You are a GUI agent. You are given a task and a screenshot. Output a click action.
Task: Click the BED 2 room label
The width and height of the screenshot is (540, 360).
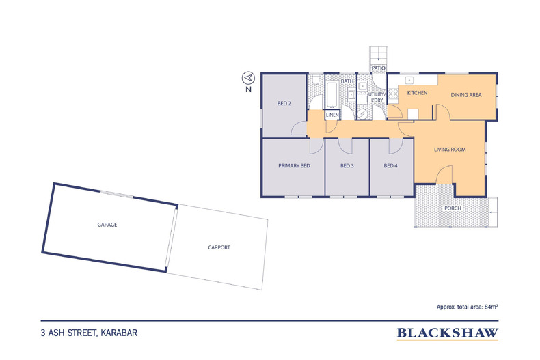[x=284, y=103]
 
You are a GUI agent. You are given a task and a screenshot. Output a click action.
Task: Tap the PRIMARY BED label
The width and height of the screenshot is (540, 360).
[x=294, y=165]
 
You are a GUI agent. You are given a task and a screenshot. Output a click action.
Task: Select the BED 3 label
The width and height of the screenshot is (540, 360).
[x=347, y=165]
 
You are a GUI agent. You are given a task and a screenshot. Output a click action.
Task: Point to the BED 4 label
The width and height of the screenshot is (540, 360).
[x=390, y=165]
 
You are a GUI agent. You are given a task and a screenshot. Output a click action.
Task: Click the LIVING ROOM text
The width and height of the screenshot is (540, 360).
[x=450, y=150]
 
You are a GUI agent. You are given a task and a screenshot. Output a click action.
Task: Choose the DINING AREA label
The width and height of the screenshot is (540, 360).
[x=466, y=95]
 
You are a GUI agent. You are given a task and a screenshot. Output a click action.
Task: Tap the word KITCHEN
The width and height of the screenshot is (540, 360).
[x=417, y=93]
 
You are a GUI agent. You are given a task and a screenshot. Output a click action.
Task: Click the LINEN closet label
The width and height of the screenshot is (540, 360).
[x=332, y=115]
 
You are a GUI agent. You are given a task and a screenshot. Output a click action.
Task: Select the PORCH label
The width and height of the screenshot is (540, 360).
[x=453, y=208]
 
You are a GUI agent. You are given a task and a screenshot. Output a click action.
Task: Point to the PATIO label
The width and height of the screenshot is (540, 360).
[x=378, y=68]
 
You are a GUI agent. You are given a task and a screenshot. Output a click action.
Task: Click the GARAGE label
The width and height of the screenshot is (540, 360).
[x=107, y=225]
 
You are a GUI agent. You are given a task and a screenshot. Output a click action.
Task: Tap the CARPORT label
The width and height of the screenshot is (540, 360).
[x=219, y=247]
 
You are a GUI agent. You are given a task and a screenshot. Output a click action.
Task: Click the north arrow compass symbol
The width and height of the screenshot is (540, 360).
[x=248, y=78]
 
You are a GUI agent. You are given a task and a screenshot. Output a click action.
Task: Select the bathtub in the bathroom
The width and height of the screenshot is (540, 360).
[x=332, y=96]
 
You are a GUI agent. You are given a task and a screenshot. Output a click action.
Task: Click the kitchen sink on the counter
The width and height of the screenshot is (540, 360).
[x=409, y=80]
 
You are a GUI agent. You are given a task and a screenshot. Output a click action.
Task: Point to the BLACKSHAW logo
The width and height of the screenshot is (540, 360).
[x=447, y=333]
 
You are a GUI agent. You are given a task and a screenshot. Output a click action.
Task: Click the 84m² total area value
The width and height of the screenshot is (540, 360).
[x=491, y=307]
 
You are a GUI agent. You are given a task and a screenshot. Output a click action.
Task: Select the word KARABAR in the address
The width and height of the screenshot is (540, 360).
[x=119, y=333]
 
